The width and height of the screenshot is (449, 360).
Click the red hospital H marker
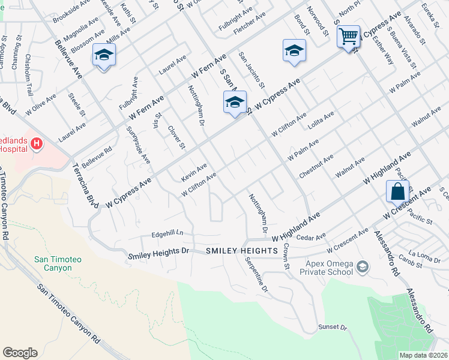tap(37, 143)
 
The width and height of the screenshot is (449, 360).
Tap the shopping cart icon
tap(348, 37)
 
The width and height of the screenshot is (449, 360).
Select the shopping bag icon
tap(397, 192)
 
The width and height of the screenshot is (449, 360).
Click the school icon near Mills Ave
tap(104, 55)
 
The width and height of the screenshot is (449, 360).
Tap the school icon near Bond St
tap(295, 50)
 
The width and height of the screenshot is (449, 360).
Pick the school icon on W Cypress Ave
tap(235, 102)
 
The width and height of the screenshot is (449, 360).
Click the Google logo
tap(20, 353)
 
